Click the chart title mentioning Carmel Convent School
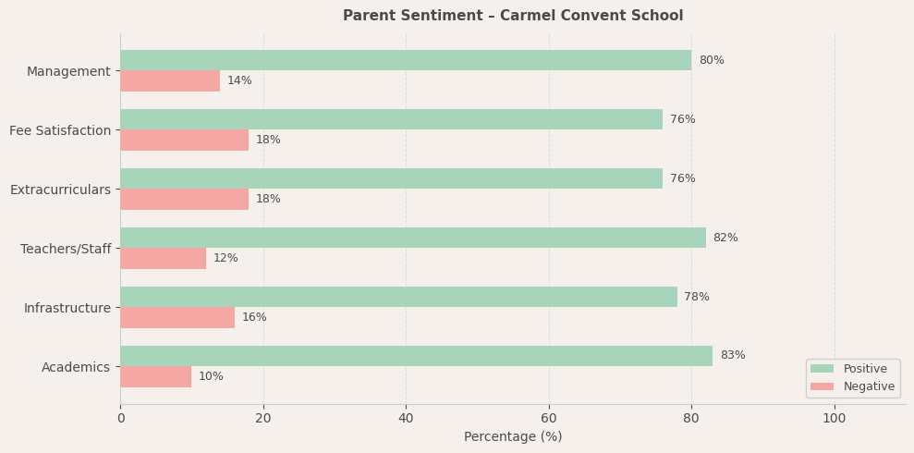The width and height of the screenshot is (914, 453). (x=513, y=16)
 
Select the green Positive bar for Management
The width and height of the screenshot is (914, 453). (x=406, y=60)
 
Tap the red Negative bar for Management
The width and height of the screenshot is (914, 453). (x=170, y=81)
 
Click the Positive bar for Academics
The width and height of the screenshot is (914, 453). (x=416, y=356)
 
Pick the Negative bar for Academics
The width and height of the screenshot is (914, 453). (x=155, y=377)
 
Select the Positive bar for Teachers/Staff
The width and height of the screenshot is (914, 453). (x=413, y=238)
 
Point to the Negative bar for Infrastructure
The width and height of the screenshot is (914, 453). (x=177, y=318)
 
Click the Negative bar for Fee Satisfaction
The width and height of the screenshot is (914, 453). (x=184, y=141)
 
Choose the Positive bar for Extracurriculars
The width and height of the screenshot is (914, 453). (x=391, y=178)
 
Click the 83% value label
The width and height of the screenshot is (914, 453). (x=733, y=356)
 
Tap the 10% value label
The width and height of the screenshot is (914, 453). (x=211, y=377)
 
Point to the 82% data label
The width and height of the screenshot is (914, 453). (x=725, y=238)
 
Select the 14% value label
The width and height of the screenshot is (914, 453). (x=239, y=81)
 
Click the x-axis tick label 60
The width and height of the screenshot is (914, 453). (x=549, y=419)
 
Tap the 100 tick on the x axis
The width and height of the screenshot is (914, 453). (x=835, y=419)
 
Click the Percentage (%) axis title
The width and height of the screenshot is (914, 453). (x=513, y=437)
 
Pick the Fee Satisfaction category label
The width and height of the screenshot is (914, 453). (x=60, y=130)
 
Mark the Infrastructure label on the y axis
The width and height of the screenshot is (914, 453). (x=67, y=308)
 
